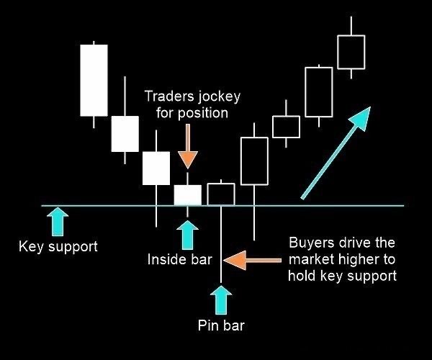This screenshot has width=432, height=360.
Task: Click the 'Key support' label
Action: click(x=58, y=247)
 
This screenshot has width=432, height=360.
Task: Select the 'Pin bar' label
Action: click(x=221, y=325)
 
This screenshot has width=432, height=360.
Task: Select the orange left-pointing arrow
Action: click(x=251, y=260)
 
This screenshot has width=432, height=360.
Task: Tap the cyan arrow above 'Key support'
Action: click(x=58, y=221)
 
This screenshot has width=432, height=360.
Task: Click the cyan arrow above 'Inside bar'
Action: click(x=187, y=233)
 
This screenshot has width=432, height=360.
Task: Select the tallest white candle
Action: click(x=94, y=80)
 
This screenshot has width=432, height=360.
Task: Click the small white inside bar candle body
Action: click(x=188, y=195)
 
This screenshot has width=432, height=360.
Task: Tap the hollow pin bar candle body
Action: click(x=221, y=194)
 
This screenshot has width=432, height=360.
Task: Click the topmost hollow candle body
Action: click(x=351, y=52)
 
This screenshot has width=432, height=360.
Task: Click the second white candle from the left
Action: click(x=125, y=134)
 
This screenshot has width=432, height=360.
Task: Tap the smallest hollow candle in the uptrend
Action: click(x=286, y=126)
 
